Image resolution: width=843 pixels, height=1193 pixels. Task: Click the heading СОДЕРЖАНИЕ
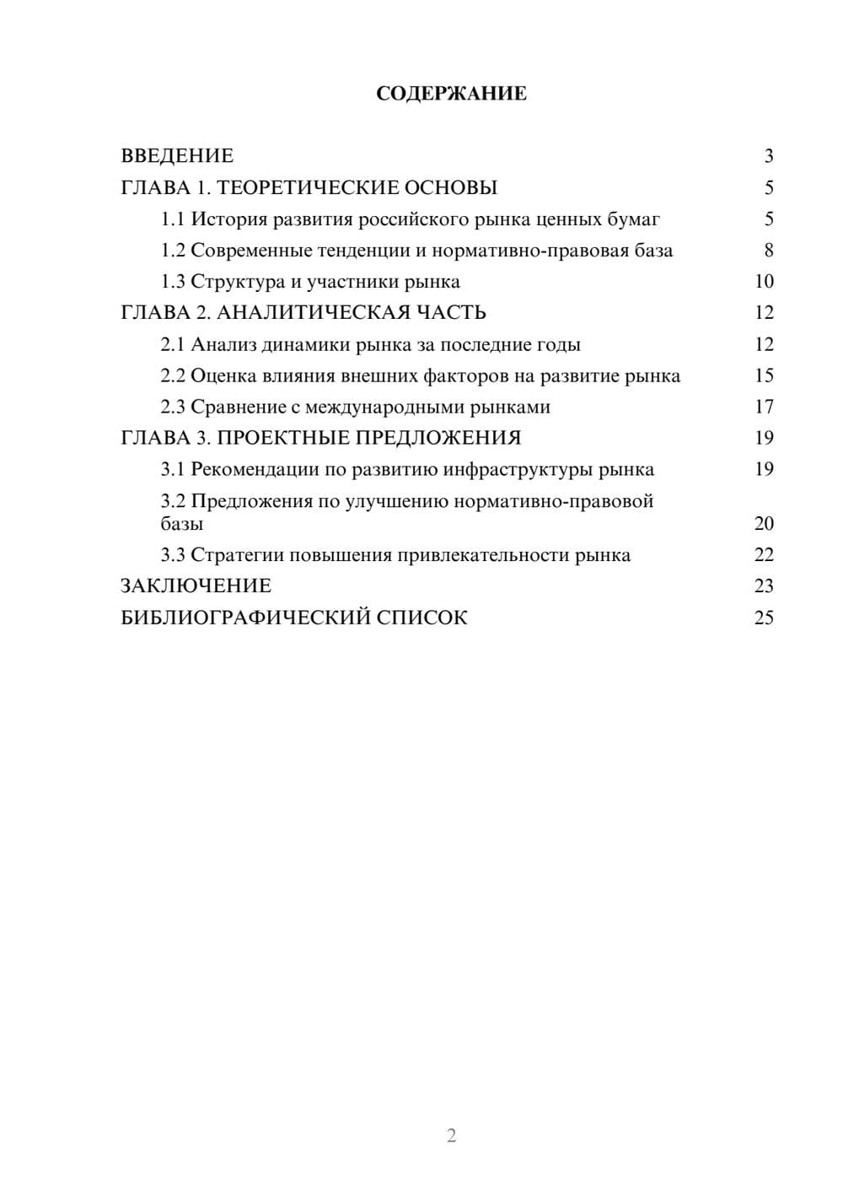pos(451,94)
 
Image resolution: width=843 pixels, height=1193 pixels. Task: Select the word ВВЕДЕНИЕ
pos(177,156)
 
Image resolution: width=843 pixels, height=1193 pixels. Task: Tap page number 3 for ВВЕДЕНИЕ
pos(768,156)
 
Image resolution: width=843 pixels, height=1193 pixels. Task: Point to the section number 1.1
pos(172,219)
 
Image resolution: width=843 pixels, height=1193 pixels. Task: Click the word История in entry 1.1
pos(227,219)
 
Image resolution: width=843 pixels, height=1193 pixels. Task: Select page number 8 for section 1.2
pos(768,251)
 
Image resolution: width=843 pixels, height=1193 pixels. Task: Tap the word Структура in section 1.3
pos(237,282)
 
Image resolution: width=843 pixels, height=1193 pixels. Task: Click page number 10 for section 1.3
pos(763,282)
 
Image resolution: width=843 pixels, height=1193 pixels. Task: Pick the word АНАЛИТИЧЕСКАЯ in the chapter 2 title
pos(311,313)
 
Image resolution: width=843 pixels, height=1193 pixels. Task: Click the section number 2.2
pos(172,376)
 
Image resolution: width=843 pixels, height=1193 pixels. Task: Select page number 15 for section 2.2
pos(763,376)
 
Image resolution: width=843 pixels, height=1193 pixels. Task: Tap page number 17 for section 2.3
pos(763,408)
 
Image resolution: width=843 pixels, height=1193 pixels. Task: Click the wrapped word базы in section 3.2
pos(181,524)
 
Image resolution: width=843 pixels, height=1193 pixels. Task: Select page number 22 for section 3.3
pos(763,555)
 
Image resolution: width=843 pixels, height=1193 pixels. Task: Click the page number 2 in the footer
pos(451,1136)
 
